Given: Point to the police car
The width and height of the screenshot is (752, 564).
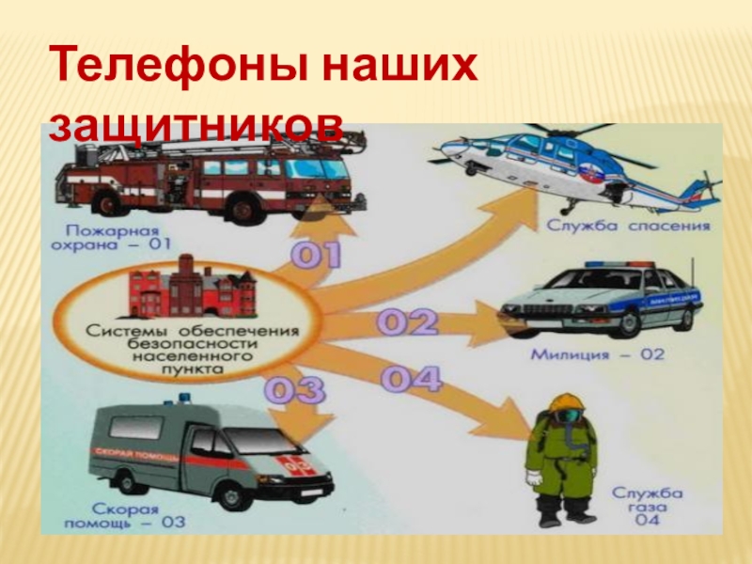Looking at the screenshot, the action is point(602,301).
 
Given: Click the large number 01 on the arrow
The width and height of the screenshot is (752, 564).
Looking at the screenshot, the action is point(315,257).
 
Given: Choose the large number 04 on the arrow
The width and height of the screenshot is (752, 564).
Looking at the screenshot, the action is point(411,379).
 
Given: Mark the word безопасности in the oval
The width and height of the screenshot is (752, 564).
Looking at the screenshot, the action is point(184,344).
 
